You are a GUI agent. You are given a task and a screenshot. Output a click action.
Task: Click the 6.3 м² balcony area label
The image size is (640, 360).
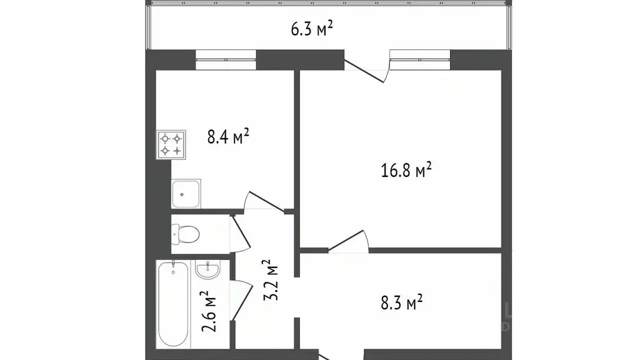(311, 29)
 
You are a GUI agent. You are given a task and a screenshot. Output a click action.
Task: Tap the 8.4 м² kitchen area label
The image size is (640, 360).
(229, 136)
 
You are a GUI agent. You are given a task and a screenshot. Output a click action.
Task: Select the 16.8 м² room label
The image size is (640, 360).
(407, 170)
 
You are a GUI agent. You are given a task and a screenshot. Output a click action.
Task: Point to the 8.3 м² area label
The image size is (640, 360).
(402, 304)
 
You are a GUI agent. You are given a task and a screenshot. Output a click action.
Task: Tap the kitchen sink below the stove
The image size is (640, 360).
(186, 194)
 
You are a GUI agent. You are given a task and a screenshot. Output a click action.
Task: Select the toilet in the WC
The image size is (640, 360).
(185, 234)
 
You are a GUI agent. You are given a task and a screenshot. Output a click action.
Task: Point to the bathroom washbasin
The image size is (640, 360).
(207, 271)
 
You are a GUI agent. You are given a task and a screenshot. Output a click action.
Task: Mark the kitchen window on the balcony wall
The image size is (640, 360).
(226, 60)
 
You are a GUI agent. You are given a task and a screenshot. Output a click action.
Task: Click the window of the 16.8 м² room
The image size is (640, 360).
(420, 60)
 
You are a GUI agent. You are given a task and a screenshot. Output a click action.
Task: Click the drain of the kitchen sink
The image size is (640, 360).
(181, 194)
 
